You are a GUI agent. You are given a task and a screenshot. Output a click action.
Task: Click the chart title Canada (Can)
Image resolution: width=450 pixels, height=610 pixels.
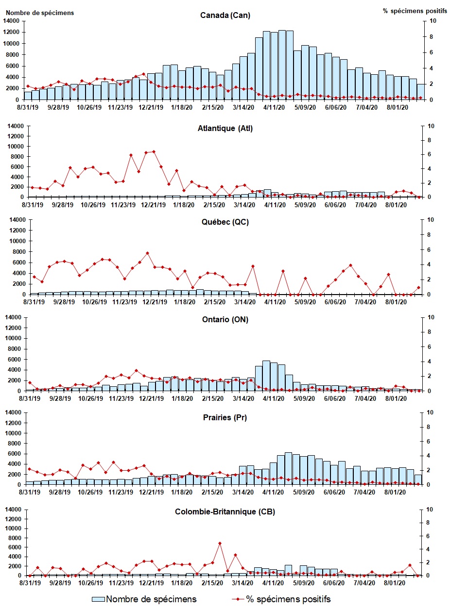225,15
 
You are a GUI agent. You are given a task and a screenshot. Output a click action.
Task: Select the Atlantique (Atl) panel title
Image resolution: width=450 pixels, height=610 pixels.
225,129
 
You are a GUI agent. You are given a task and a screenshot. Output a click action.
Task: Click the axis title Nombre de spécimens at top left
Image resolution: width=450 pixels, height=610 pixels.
40,13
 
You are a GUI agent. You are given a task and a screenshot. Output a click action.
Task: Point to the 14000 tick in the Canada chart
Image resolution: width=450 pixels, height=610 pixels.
12,21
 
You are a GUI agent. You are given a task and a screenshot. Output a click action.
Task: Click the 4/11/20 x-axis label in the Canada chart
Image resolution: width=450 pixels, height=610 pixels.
274,107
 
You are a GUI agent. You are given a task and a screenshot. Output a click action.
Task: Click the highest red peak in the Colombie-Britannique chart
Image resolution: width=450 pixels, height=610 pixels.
220,543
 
